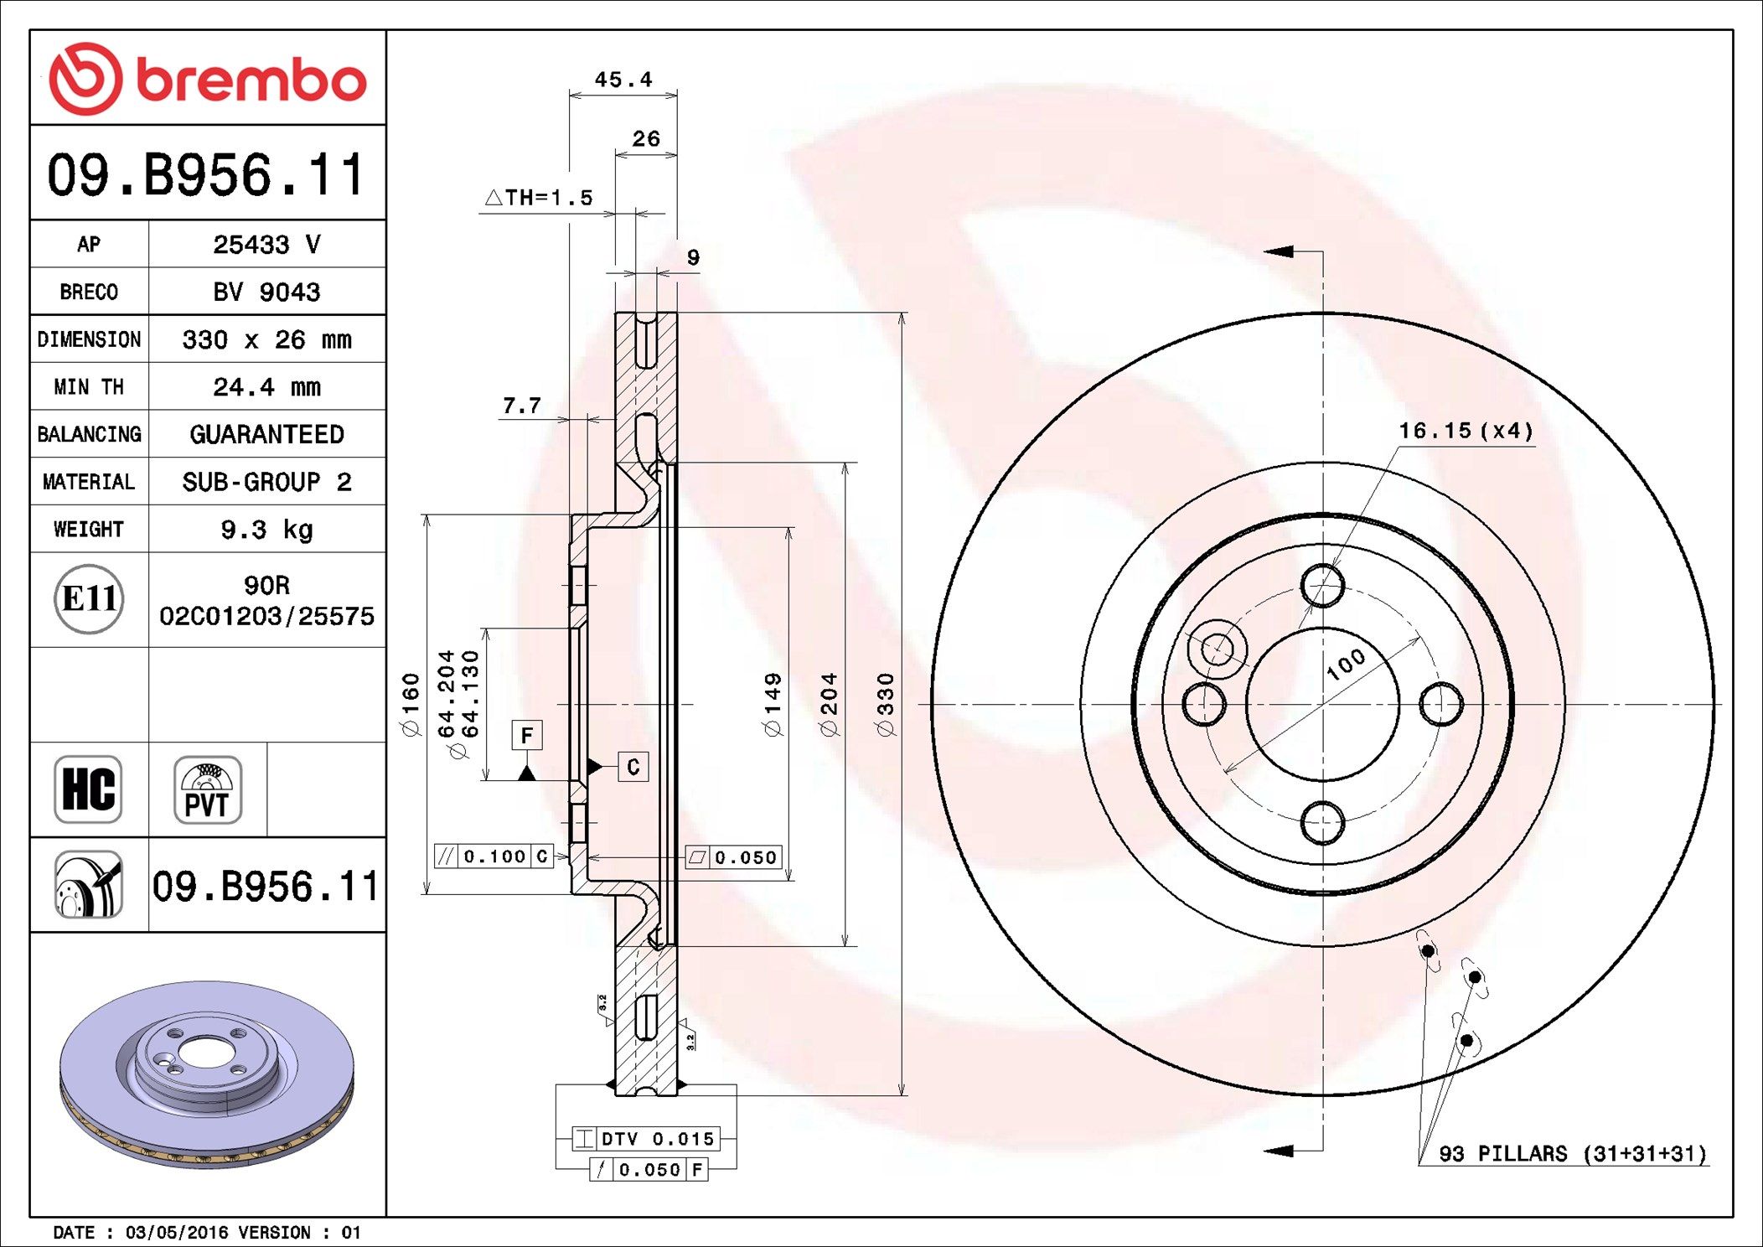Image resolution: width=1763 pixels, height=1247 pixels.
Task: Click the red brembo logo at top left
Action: pyautogui.click(x=208, y=79)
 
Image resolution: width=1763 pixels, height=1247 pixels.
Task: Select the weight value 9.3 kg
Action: pyautogui.click(x=266, y=530)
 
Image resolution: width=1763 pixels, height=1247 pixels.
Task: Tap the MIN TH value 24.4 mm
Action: pyautogui.click(x=266, y=387)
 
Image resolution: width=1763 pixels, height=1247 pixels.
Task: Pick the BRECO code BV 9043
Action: pyautogui.click(x=266, y=292)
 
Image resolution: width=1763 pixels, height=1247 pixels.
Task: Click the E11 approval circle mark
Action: pyautogui.click(x=89, y=599)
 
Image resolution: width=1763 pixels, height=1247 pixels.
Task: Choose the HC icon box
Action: pyautogui.click(x=88, y=789)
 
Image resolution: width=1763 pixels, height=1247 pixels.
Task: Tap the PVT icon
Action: pyautogui.click(x=208, y=789)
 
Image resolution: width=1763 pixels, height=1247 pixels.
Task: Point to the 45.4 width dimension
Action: pyautogui.click(x=623, y=80)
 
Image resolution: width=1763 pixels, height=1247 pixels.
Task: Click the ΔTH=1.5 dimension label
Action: pyautogui.click(x=539, y=198)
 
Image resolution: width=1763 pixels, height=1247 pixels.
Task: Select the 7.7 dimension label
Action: pyautogui.click(x=521, y=406)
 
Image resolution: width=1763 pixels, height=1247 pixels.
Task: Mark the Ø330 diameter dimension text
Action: pyautogui.click(x=886, y=705)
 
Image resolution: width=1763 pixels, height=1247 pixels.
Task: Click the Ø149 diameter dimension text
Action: pyautogui.click(x=773, y=705)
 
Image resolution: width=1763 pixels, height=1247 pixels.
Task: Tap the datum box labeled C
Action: pyautogui.click(x=633, y=767)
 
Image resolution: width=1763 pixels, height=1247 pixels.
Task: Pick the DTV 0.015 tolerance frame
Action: pyautogui.click(x=644, y=1139)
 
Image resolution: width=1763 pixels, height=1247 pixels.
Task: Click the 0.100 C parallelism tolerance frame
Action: pyautogui.click(x=494, y=856)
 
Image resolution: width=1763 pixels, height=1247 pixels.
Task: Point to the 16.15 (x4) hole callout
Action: pyautogui.click(x=1466, y=431)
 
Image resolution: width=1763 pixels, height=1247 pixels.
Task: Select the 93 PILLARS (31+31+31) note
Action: pyautogui.click(x=1572, y=1154)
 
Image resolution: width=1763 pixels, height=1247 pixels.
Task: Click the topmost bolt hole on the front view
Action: pyautogui.click(x=1323, y=585)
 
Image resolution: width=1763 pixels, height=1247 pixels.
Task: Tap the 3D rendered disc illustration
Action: pyautogui.click(x=207, y=1074)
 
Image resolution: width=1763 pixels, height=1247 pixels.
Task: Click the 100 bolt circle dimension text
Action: pyautogui.click(x=1346, y=664)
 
